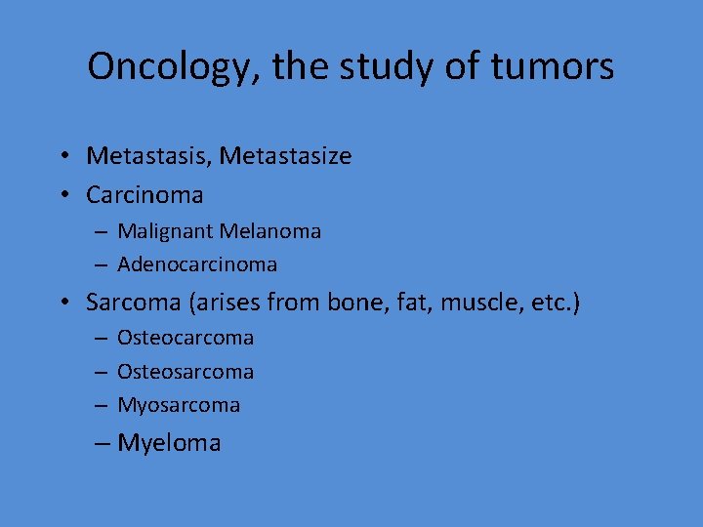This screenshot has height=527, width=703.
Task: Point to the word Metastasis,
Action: click(x=148, y=156)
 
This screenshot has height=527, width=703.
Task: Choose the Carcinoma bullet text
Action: click(x=145, y=195)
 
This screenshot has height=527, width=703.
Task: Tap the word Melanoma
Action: click(x=270, y=232)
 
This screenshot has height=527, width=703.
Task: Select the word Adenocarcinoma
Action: click(x=197, y=264)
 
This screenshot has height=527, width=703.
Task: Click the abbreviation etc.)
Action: click(x=553, y=303)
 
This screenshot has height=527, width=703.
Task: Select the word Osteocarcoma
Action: click(x=186, y=339)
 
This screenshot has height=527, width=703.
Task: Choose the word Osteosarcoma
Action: click(x=186, y=372)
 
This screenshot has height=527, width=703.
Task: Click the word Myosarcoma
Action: click(x=179, y=405)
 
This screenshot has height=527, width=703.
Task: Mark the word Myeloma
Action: click(x=169, y=443)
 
